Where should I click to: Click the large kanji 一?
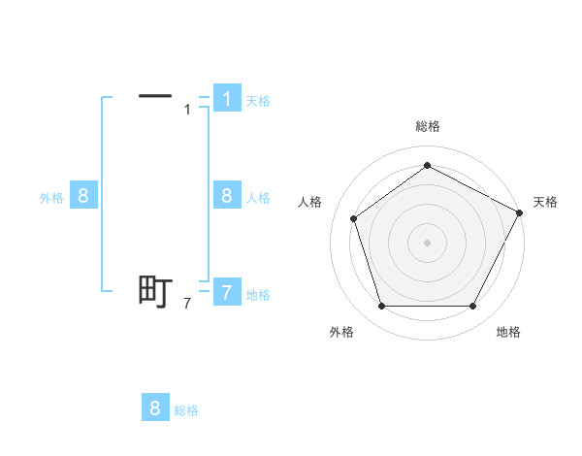(x=155, y=96)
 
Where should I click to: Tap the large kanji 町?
(x=155, y=291)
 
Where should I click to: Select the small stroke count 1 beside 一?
(x=188, y=110)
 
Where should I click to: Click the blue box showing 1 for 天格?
(x=226, y=98)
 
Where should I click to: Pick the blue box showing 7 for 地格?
(x=226, y=292)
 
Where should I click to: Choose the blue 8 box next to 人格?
(x=226, y=196)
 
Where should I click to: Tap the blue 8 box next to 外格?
(x=82, y=196)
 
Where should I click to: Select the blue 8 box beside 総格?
(x=155, y=408)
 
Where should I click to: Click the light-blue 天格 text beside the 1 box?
(x=258, y=101)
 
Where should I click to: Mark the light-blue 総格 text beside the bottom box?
(x=186, y=410)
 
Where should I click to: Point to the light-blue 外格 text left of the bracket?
(x=51, y=198)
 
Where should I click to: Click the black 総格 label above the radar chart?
(x=427, y=126)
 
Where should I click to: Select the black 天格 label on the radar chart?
(x=545, y=202)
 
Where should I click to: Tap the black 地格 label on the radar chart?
(x=508, y=332)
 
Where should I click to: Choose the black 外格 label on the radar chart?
(x=341, y=332)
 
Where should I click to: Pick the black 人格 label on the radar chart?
(x=309, y=202)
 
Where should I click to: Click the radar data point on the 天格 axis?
(x=520, y=212)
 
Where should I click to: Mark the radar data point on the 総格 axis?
(x=427, y=165)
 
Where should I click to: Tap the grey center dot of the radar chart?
(x=427, y=242)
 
